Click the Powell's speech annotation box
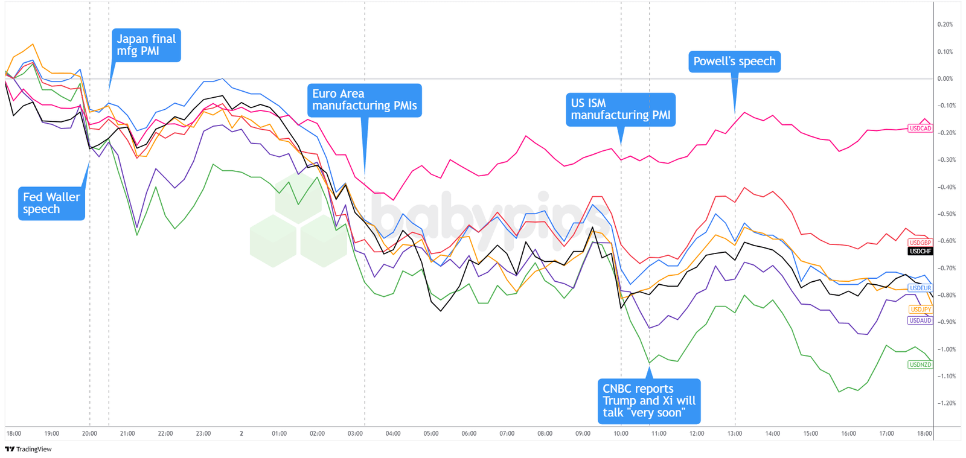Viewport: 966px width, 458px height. pyautogui.click(x=734, y=62)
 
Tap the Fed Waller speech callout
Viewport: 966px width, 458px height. pyautogui.click(x=51, y=203)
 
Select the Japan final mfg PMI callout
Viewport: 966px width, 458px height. pyautogui.click(x=146, y=45)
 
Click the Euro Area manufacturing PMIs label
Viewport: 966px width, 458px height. pyautogui.click(x=364, y=100)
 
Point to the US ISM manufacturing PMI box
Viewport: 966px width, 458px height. pyautogui.click(x=620, y=109)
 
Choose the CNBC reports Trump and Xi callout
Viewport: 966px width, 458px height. pyautogui.click(x=649, y=401)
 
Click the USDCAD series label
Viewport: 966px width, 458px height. pyautogui.click(x=920, y=129)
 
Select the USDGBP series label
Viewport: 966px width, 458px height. pyautogui.click(x=920, y=243)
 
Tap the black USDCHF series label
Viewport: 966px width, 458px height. pyautogui.click(x=920, y=251)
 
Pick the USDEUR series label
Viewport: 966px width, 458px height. pyautogui.click(x=920, y=288)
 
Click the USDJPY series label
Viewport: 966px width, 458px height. pyautogui.click(x=920, y=310)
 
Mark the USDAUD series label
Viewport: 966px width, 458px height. pyautogui.click(x=920, y=320)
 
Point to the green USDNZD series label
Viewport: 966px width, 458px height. pyautogui.click(x=920, y=364)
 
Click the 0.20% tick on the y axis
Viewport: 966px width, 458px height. pyautogui.click(x=945, y=25)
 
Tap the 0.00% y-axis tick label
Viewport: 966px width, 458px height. pyautogui.click(x=945, y=79)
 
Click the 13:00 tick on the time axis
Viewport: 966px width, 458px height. pyautogui.click(x=735, y=434)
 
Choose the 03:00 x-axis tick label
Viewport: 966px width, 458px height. pyautogui.click(x=355, y=434)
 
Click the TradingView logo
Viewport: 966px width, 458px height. pyautogui.click(x=28, y=450)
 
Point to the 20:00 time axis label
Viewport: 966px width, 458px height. pyautogui.click(x=89, y=434)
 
